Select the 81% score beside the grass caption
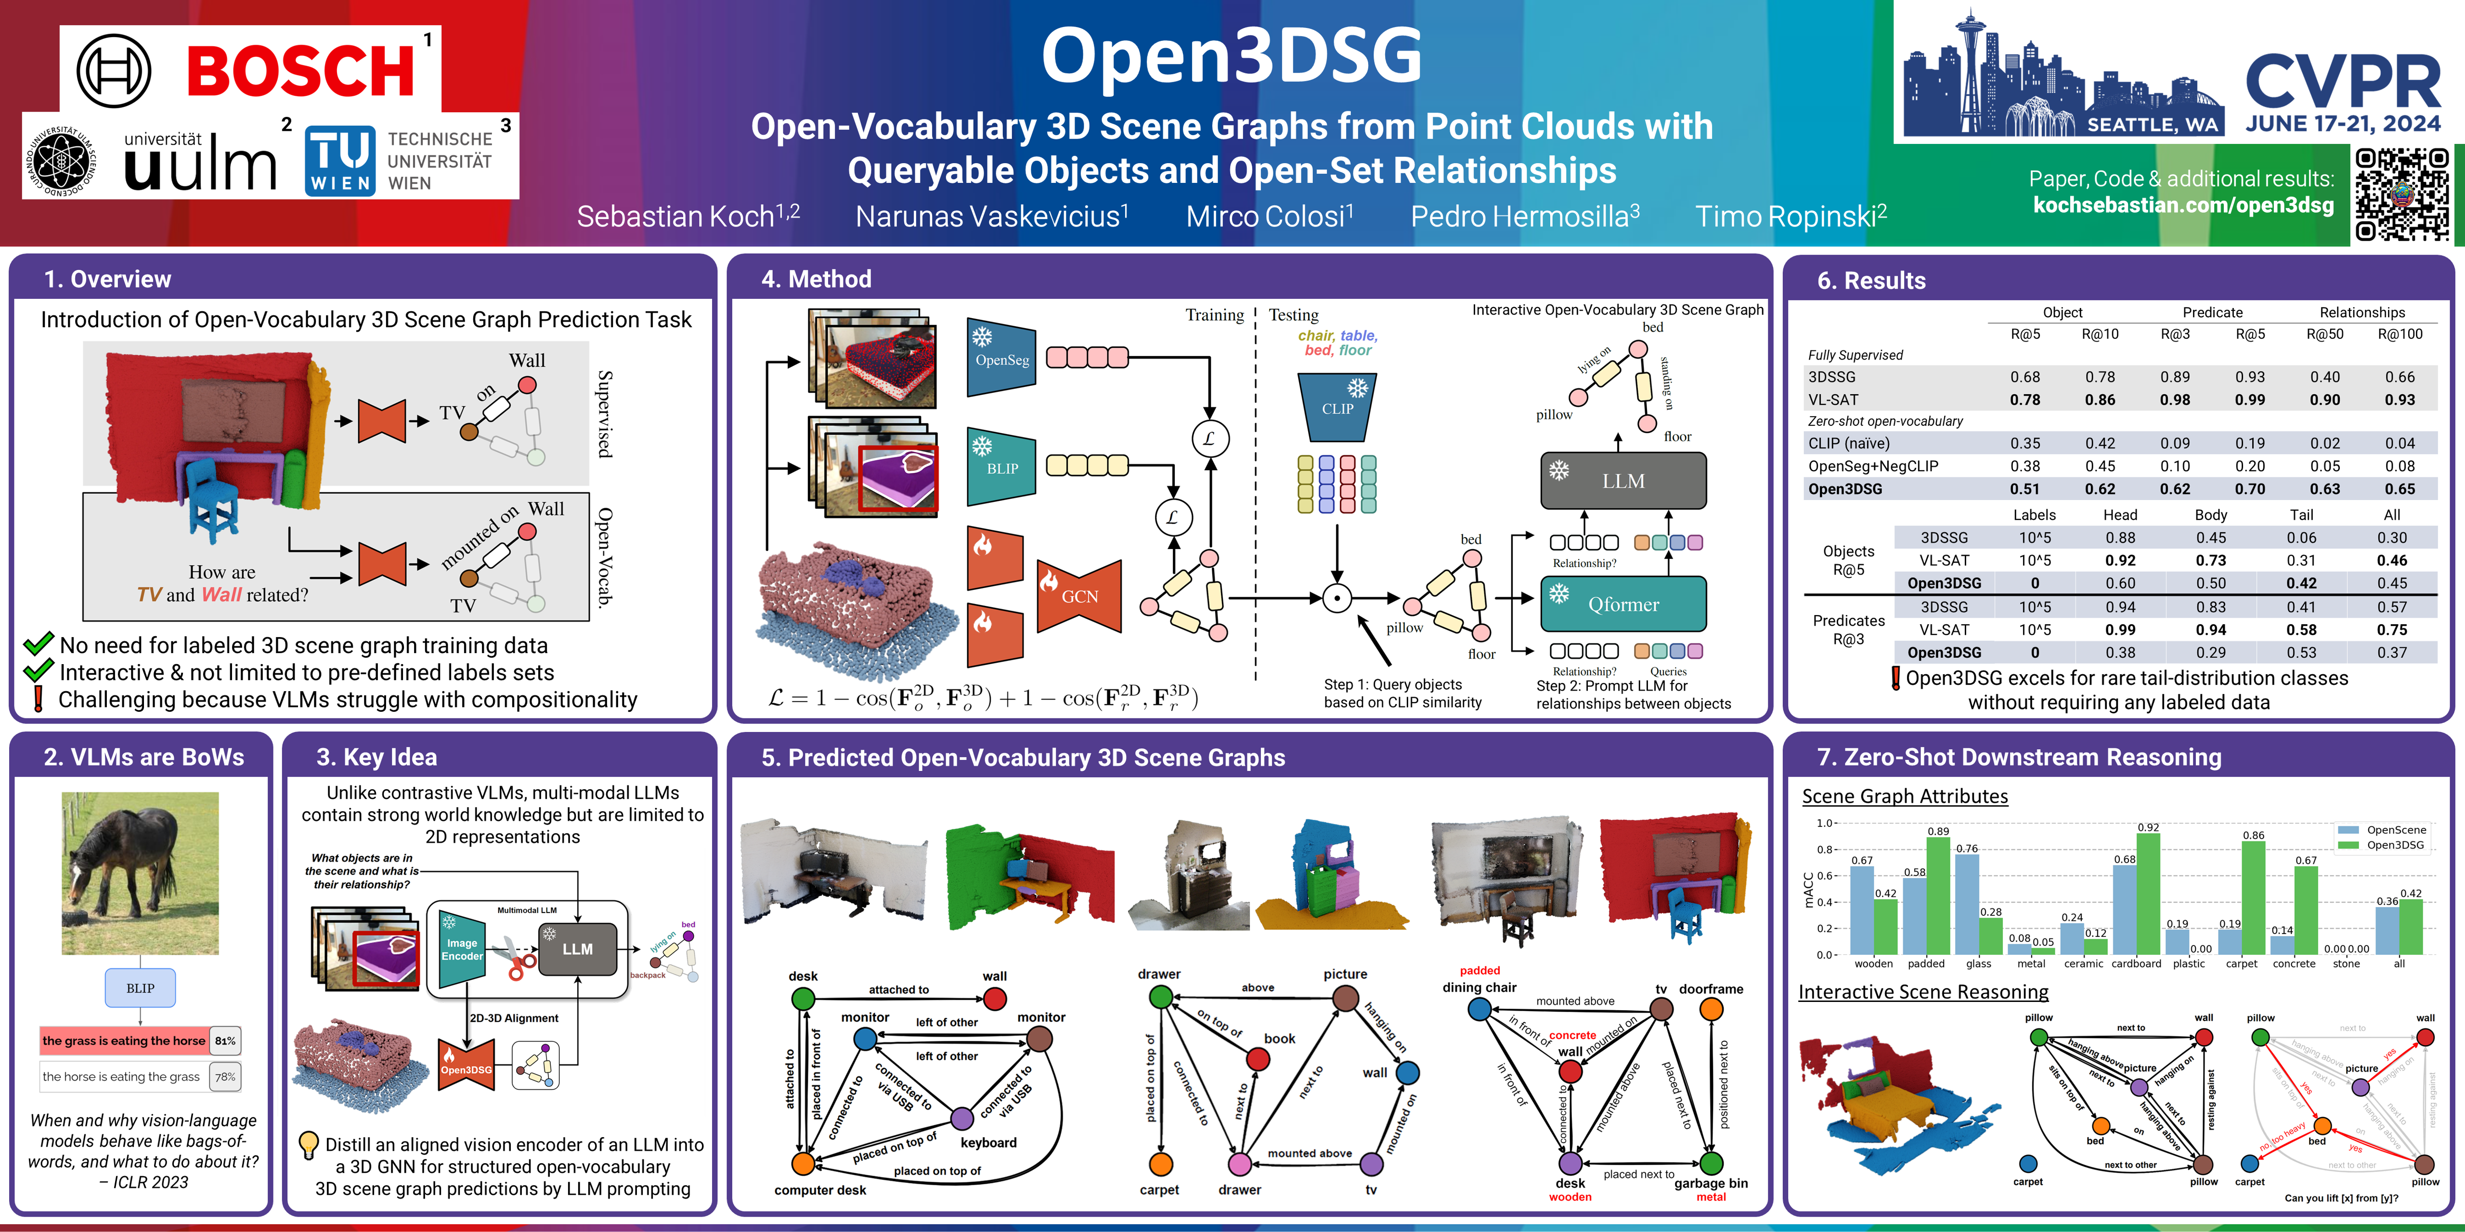[225, 1040]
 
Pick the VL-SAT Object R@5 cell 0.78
[2025, 400]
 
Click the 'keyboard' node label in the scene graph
[988, 1143]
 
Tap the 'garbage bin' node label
[1711, 1183]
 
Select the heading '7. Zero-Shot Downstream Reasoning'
[2019, 757]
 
